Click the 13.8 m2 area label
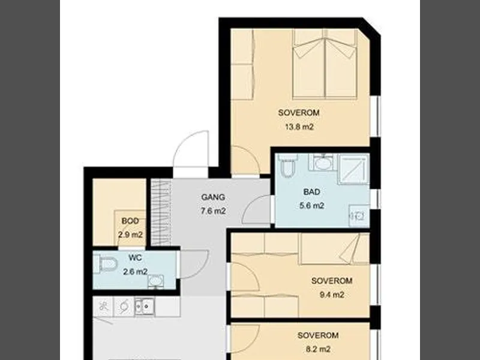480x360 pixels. (299, 127)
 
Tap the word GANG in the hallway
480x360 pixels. (213, 197)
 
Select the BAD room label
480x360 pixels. (311, 192)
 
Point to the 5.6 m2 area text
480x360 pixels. (311, 206)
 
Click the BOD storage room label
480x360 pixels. (130, 221)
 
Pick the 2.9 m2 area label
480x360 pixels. (130, 235)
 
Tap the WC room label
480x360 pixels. (136, 258)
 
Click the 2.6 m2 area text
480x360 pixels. (136, 272)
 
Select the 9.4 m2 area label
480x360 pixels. (332, 295)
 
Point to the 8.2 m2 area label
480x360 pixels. (318, 349)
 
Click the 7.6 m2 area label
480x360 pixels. (214, 211)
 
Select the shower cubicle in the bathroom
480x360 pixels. (353, 169)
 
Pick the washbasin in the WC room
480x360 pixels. (156, 281)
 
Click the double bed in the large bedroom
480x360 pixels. (325, 64)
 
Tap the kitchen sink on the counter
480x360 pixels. (145, 307)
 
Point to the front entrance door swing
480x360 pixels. (191, 149)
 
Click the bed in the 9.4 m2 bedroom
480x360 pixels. (335, 248)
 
